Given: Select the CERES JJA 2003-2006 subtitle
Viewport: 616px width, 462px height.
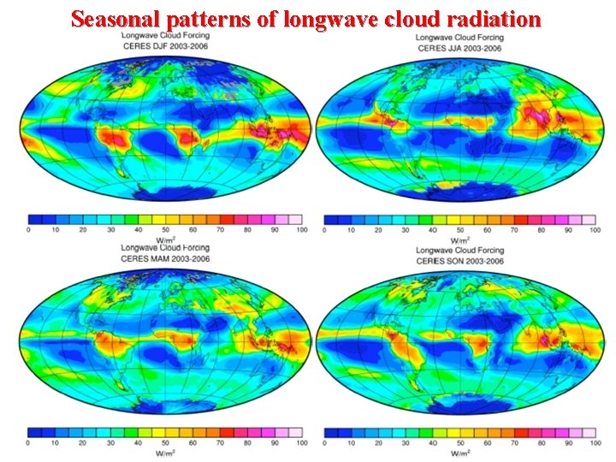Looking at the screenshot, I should coord(460,48).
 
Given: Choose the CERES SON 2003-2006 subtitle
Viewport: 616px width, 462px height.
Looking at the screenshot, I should coord(460,261).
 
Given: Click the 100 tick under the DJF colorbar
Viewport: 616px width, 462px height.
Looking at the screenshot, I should coord(301,230).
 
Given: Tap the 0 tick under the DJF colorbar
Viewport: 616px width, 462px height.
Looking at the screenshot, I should coord(29,230).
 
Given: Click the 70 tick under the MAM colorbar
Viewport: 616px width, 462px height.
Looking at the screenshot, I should coord(220,443).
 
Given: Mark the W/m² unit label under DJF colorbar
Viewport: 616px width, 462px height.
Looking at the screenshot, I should coord(165,239).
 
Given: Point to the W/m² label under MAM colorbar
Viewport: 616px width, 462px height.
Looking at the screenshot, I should coord(165,452).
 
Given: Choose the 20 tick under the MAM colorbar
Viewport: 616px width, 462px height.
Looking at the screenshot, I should coord(83,443).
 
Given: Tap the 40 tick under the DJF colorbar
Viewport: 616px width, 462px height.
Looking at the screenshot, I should coord(138,230).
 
